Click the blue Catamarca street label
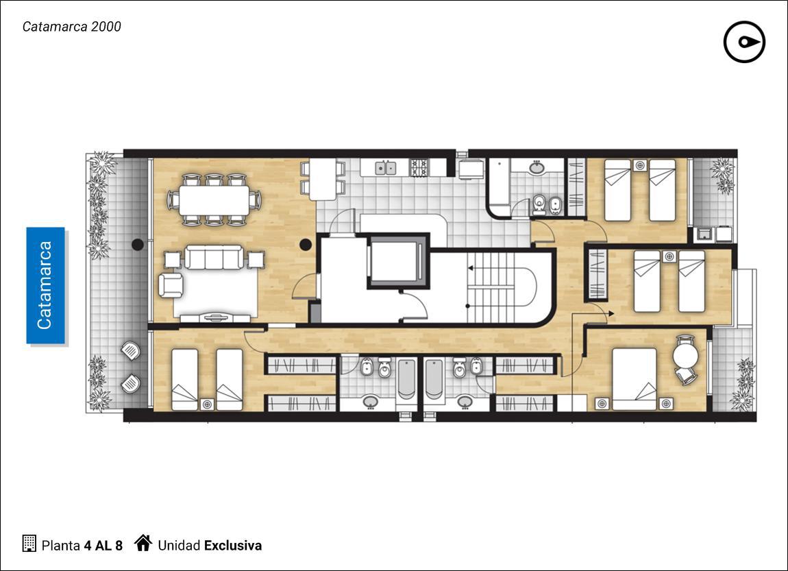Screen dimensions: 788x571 [x=46, y=285]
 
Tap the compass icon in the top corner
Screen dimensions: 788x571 [x=744, y=42]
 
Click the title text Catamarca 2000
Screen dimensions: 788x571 [x=72, y=27]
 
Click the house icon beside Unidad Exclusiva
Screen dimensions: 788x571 [x=143, y=543]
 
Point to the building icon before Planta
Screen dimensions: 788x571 [x=29, y=544]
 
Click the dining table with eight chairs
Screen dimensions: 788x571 [x=214, y=199]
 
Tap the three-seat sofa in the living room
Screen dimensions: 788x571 [x=214, y=257]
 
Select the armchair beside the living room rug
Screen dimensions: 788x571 [x=171, y=284]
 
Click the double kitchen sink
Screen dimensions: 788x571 [x=386, y=167]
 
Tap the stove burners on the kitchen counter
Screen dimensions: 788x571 [x=419, y=168]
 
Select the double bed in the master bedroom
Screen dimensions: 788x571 [x=635, y=379]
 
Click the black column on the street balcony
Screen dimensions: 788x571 [x=138, y=245]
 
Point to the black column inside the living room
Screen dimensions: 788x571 [x=306, y=245]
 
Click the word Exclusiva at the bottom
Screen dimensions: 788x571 [x=233, y=546]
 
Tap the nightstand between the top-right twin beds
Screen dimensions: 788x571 [x=640, y=165]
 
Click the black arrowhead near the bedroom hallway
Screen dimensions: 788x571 [x=611, y=314]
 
